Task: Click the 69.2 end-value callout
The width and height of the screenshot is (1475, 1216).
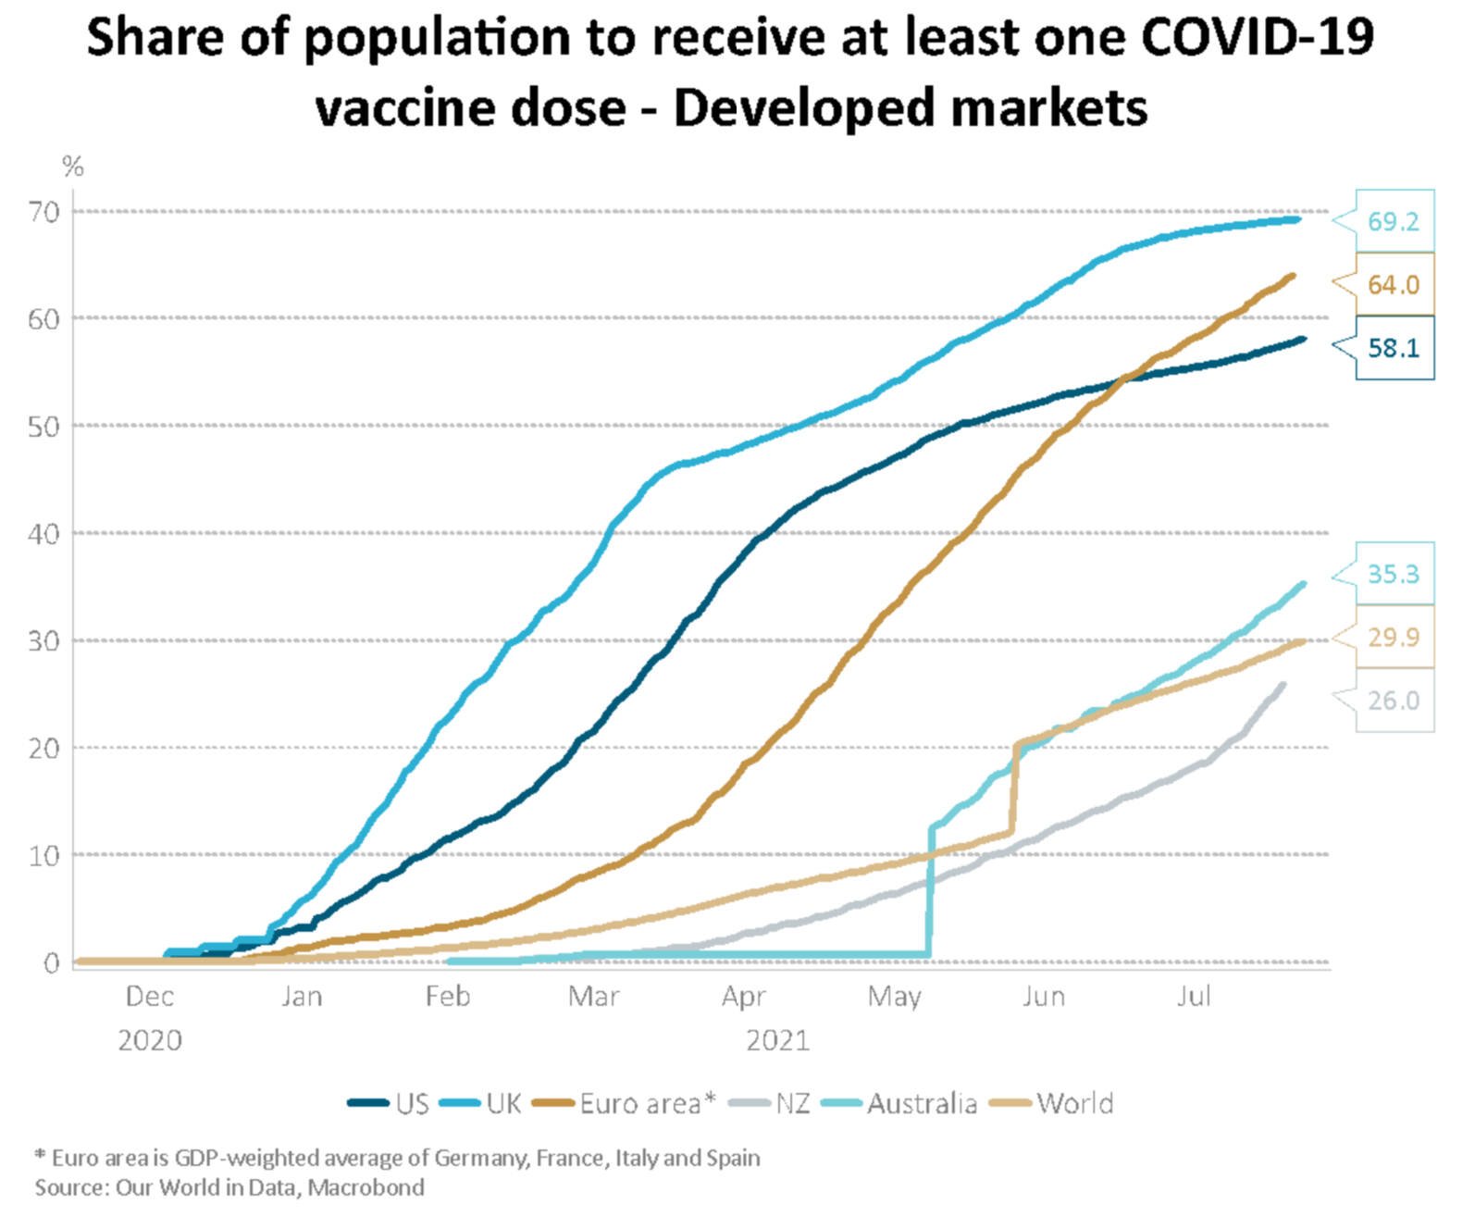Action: [1393, 222]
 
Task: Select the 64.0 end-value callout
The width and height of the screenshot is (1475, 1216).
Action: [1393, 285]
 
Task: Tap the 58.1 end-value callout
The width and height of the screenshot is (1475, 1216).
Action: [1393, 348]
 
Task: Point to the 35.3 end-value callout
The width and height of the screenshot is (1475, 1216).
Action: [1393, 575]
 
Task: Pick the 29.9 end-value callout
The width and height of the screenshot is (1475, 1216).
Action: [1393, 638]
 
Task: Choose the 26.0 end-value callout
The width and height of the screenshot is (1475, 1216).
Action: [1393, 701]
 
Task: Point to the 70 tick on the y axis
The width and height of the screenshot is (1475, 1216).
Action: [43, 212]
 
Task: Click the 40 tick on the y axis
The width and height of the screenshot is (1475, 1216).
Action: [43, 534]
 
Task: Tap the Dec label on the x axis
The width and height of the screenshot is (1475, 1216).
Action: [149, 997]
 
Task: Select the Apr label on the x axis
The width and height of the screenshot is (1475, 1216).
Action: [744, 997]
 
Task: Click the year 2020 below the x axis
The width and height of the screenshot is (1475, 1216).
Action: [149, 1041]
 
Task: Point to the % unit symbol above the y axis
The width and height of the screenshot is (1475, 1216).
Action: [72, 168]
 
